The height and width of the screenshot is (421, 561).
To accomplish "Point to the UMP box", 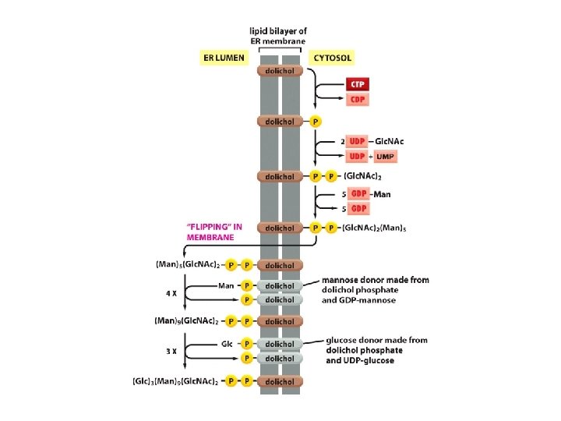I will click(x=386, y=156).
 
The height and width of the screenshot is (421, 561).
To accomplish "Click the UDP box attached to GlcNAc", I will click(x=357, y=141).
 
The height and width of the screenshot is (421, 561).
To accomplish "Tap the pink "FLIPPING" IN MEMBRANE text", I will click(x=215, y=232).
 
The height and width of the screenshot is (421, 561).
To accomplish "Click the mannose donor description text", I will click(x=375, y=289).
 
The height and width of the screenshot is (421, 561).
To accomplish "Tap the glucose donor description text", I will click(x=376, y=351).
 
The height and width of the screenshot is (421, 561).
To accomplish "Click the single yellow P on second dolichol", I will click(x=316, y=122).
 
